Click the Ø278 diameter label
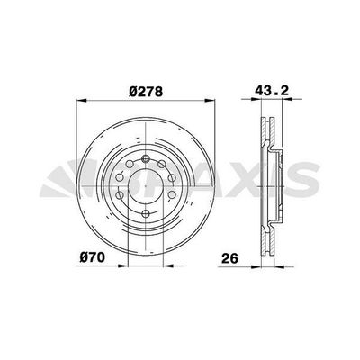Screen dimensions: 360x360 pyautogui.click(x=146, y=92)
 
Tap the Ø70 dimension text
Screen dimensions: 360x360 pyautogui.click(x=93, y=257)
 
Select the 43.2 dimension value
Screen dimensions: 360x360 pyautogui.click(x=272, y=90)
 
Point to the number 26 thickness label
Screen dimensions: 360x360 pyautogui.click(x=229, y=258)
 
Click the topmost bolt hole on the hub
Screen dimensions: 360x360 pyautogui.click(x=146, y=158)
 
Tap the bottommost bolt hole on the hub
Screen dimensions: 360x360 pyautogui.click(x=146, y=213)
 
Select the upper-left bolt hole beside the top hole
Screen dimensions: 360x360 pyautogui.click(x=130, y=164)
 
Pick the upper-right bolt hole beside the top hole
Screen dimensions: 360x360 pyautogui.click(x=162, y=164)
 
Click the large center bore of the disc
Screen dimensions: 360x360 pyautogui.click(x=146, y=186)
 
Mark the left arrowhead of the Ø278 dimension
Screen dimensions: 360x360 pyautogui.click(x=82, y=101)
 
